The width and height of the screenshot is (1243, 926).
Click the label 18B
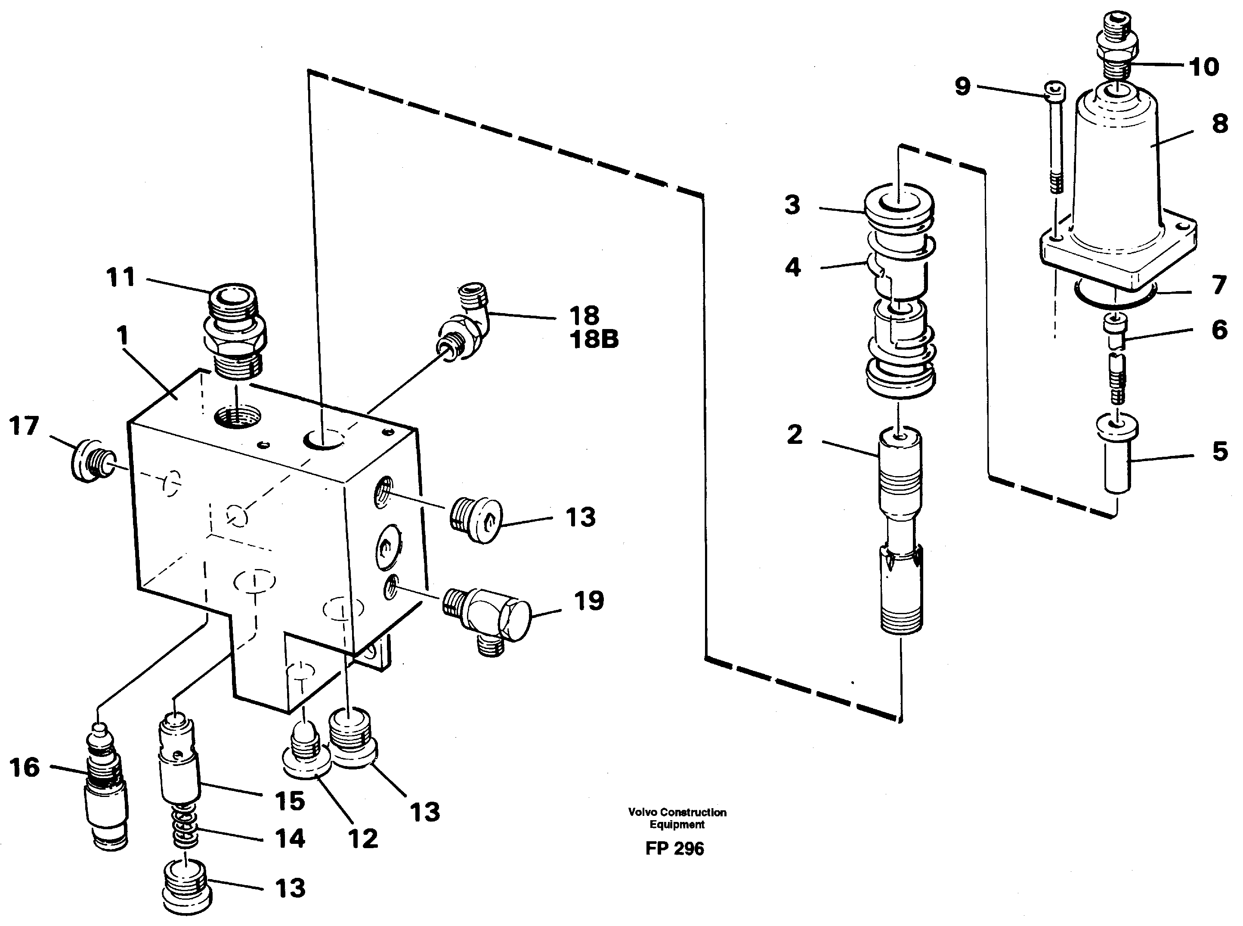[x=594, y=340]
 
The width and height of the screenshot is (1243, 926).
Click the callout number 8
[x=1219, y=124]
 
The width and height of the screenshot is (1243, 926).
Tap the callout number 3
[x=792, y=205]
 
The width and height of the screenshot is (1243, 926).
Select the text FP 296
[x=674, y=849]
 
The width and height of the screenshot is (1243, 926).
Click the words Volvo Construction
[x=677, y=812]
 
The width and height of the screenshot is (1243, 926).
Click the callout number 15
[x=289, y=801]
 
